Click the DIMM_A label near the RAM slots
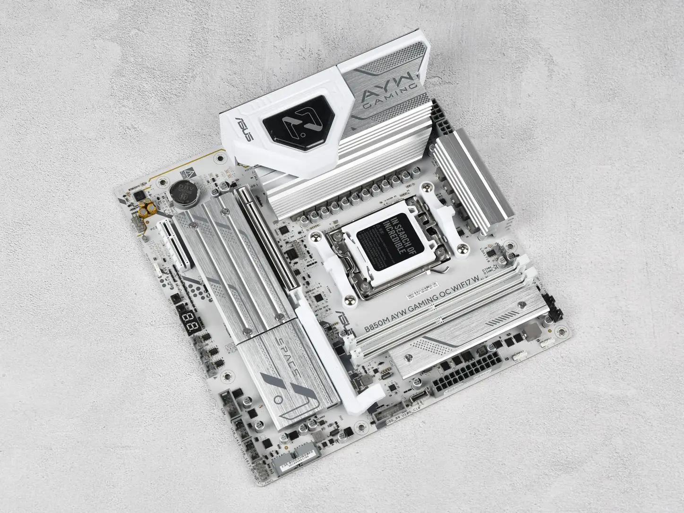coord(488,270)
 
